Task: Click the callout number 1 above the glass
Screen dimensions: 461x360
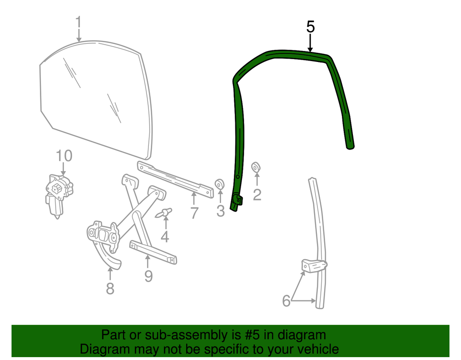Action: point(78,23)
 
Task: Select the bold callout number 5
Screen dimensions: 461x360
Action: point(311,27)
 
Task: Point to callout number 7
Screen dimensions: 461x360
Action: point(194,212)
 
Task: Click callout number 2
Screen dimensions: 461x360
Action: point(257,195)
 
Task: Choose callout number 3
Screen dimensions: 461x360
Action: point(220,211)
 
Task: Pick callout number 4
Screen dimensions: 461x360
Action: point(165,236)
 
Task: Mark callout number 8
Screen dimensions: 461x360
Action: point(110,288)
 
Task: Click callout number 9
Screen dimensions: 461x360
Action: point(148,276)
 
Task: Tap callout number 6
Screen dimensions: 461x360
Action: point(286,300)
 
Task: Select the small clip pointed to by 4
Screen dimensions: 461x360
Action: point(163,212)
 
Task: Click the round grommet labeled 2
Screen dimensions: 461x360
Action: point(256,167)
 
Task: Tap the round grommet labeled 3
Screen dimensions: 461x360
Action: point(219,184)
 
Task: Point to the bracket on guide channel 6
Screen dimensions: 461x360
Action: point(314,265)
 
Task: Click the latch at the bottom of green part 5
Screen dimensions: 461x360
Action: point(237,199)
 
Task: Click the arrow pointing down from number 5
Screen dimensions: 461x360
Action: point(310,43)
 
